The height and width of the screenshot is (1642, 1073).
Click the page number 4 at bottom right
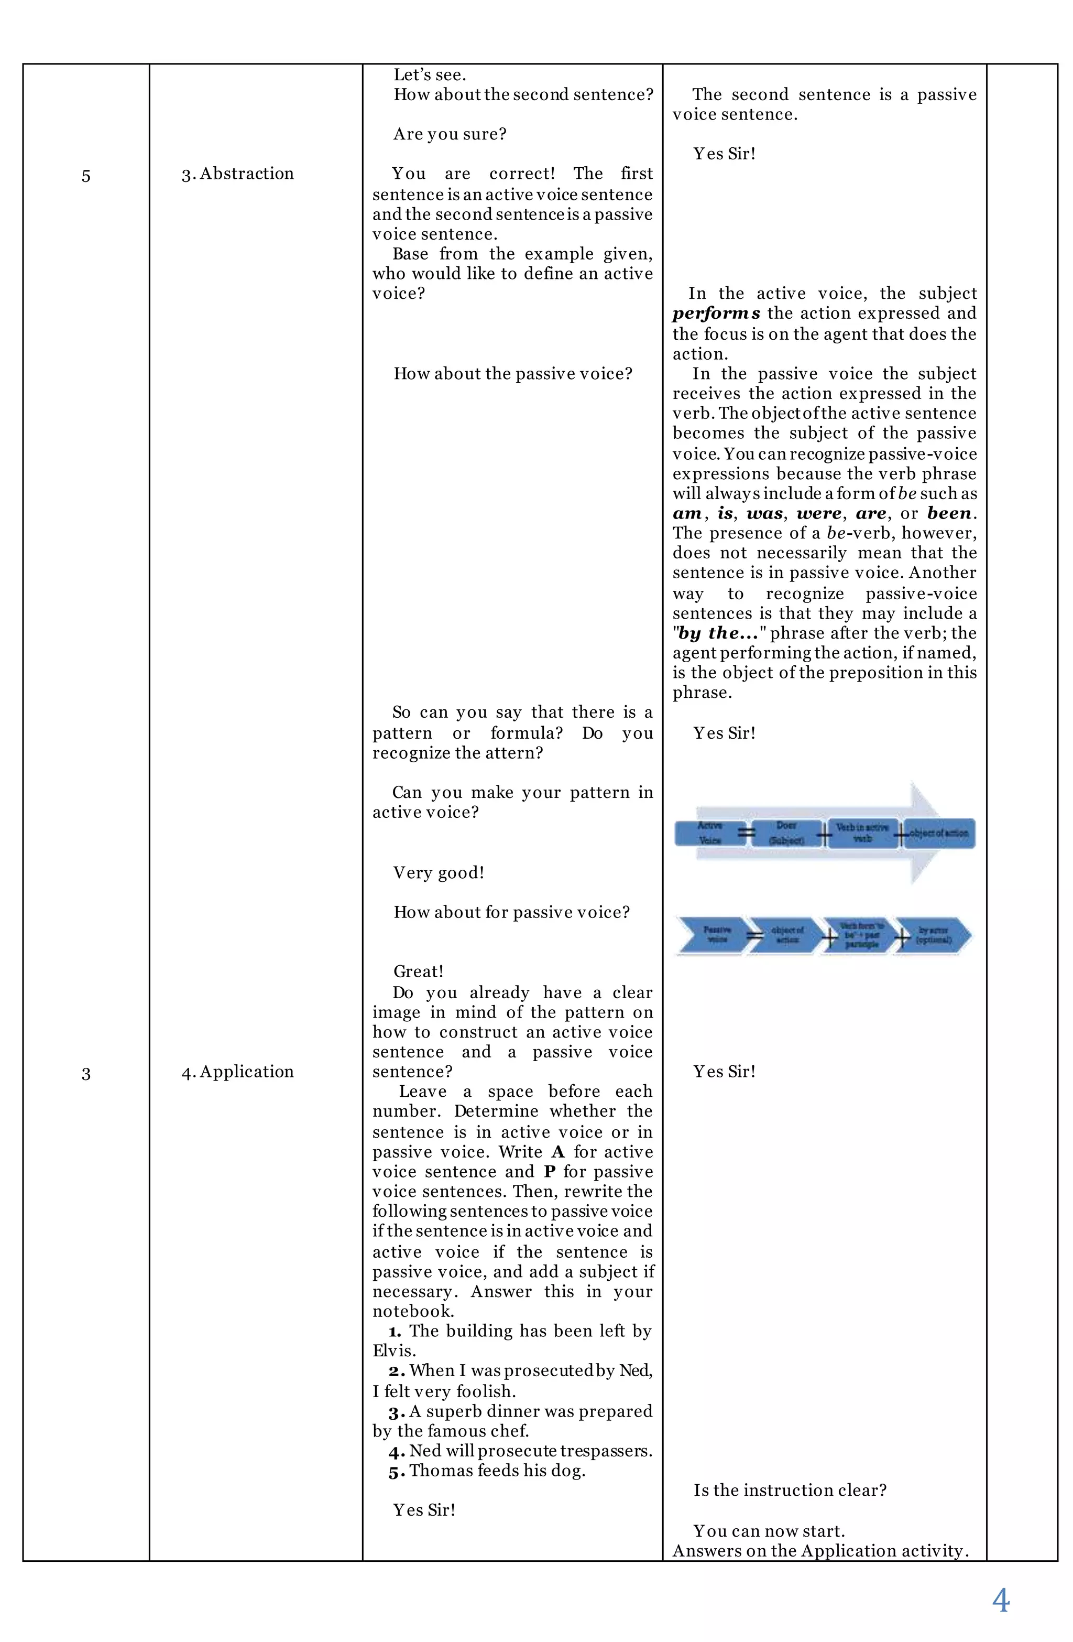click(1000, 1599)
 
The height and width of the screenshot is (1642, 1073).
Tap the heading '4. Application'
click(237, 1072)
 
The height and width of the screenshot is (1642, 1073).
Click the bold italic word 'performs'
click(717, 313)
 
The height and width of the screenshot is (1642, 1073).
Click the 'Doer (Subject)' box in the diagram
click(786, 833)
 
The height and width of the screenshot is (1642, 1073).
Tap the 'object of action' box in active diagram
click(938, 833)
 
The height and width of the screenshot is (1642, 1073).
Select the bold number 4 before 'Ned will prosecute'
click(395, 1452)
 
